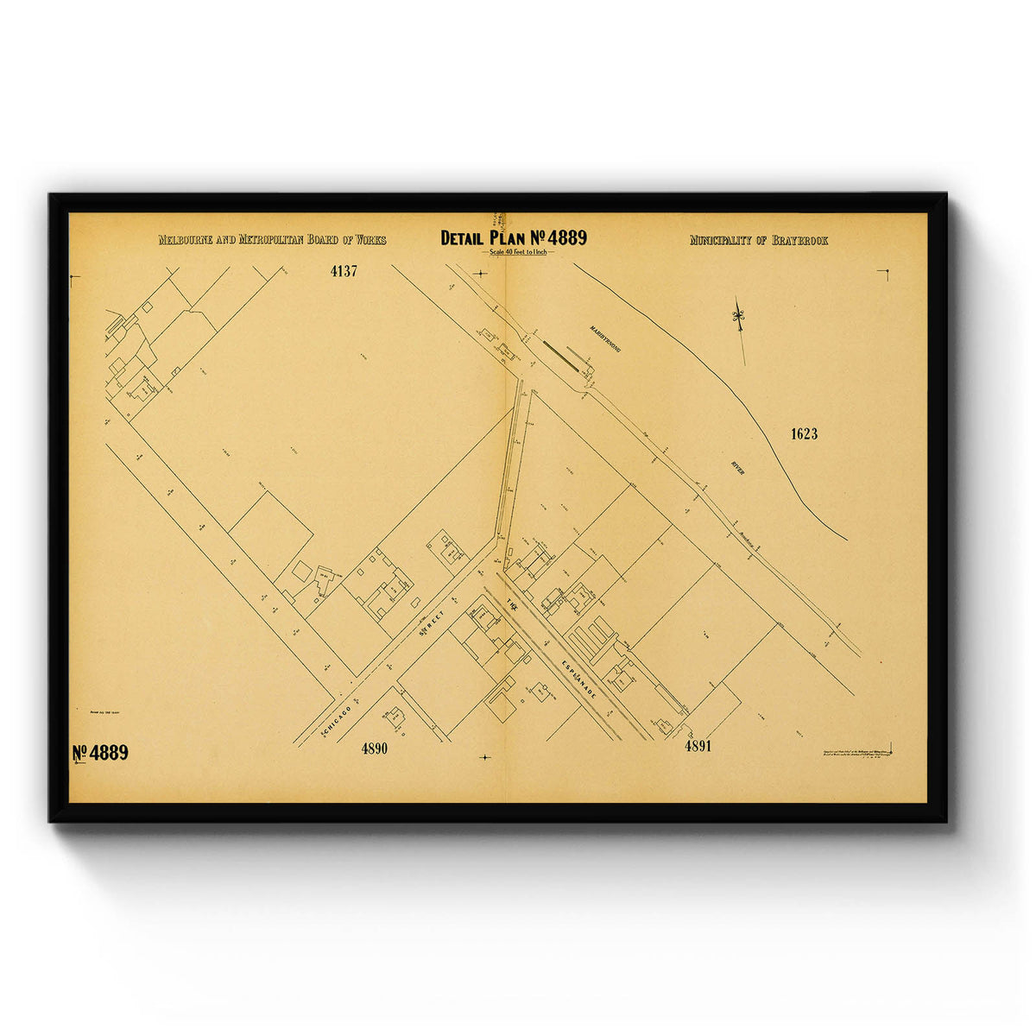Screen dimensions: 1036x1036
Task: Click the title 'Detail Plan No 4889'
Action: pyautogui.click(x=513, y=237)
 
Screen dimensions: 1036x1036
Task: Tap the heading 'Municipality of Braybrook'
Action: pyautogui.click(x=758, y=240)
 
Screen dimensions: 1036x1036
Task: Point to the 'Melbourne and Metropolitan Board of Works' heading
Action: pyautogui.click(x=272, y=240)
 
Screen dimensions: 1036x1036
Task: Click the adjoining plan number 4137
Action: pyautogui.click(x=344, y=270)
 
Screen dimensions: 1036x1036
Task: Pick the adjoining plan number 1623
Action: pyautogui.click(x=804, y=433)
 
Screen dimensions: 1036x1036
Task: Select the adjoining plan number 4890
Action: pyautogui.click(x=374, y=749)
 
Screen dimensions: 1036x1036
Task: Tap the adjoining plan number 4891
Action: pyautogui.click(x=698, y=746)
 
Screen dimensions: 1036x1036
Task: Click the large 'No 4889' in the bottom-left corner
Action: pyautogui.click(x=100, y=752)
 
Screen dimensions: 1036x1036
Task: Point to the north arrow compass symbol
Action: pyautogui.click(x=739, y=319)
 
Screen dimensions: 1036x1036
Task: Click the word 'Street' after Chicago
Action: pyautogui.click(x=431, y=623)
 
